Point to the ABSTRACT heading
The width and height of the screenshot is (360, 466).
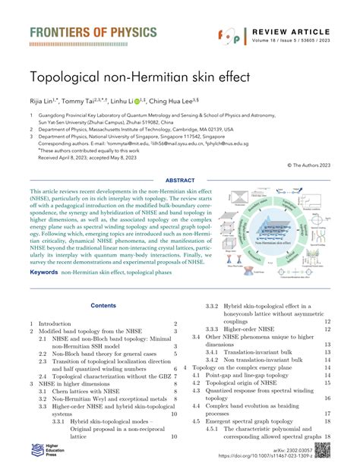pos(180,181)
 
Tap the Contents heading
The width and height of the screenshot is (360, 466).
pos(103,306)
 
